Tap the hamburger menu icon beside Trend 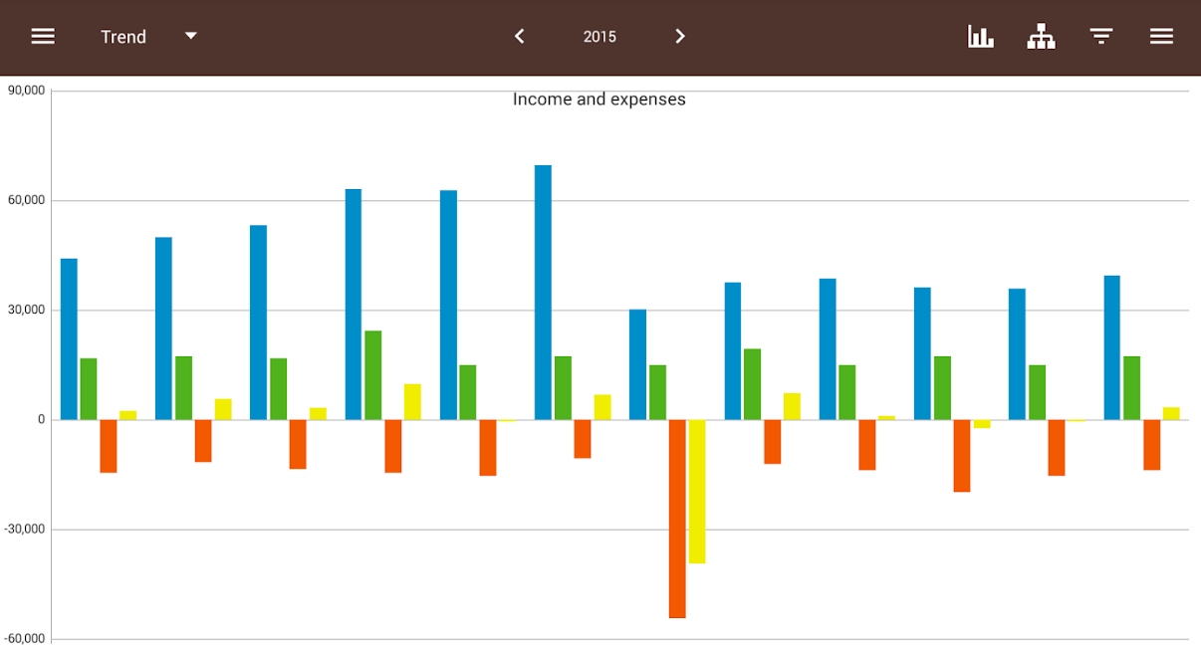(43, 37)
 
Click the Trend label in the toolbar (123, 37)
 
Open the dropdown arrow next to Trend (191, 36)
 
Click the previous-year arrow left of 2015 (519, 37)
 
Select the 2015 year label (600, 37)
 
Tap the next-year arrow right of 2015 (680, 37)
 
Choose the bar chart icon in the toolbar (981, 37)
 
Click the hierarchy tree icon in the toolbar (1042, 37)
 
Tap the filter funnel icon (1101, 37)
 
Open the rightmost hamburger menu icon (1161, 37)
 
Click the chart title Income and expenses (599, 100)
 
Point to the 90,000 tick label (26, 90)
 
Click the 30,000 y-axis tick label (26, 310)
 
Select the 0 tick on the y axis (41, 420)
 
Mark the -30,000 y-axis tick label (24, 529)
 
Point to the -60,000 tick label (24, 638)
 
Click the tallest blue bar (543, 292)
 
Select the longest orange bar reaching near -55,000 (677, 519)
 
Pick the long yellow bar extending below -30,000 (697, 492)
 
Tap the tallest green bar (373, 375)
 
